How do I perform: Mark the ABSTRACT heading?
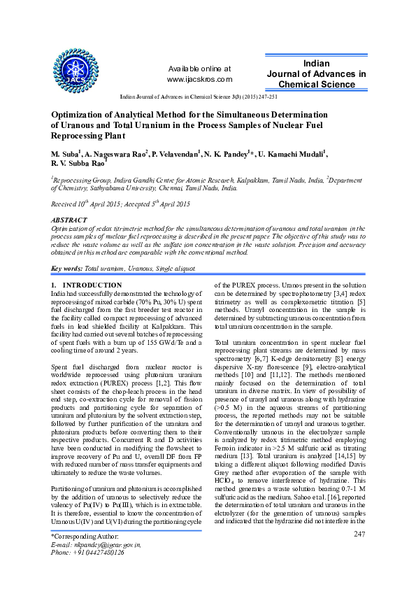(70, 219)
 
